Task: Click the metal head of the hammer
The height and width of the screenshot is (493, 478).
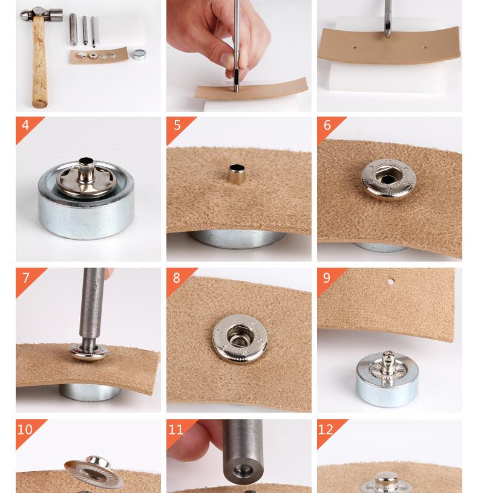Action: (41, 14)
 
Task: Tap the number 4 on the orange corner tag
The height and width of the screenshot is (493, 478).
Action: (25, 125)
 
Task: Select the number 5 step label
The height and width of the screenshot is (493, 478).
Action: (177, 125)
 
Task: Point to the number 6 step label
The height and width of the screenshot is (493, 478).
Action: (327, 125)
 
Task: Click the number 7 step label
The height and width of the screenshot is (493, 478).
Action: (26, 278)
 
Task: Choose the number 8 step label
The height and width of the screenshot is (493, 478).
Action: (176, 278)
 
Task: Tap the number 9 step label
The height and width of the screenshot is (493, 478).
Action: (327, 278)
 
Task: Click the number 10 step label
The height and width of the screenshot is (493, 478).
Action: (25, 430)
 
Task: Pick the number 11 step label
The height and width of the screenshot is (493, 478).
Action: (175, 430)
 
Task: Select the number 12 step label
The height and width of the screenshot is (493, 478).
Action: (326, 430)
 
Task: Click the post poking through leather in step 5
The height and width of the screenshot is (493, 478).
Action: (237, 174)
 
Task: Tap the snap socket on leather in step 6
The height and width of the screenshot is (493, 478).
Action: (388, 179)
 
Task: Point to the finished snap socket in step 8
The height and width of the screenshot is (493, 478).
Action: (240, 338)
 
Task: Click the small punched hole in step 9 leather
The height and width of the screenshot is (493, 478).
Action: (390, 282)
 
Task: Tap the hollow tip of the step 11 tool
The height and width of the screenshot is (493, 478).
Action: (243, 471)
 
